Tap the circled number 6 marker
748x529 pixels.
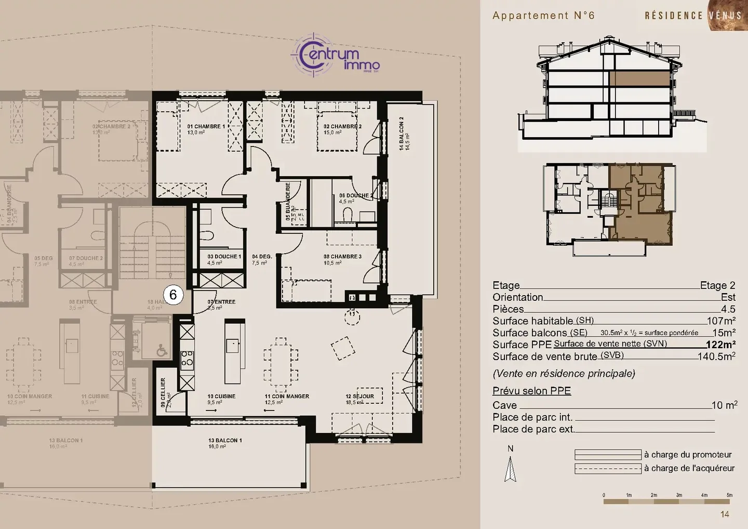(x=173, y=295)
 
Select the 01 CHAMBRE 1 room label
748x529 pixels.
(x=206, y=127)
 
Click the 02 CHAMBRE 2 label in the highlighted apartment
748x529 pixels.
(x=342, y=127)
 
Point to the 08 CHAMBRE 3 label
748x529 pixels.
(x=342, y=257)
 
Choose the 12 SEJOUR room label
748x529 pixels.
(x=359, y=396)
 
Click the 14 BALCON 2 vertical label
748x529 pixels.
(x=401, y=134)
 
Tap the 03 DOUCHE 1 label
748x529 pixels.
(x=224, y=257)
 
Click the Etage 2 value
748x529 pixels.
(x=717, y=285)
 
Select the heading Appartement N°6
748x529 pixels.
(x=543, y=16)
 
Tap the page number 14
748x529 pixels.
(x=725, y=514)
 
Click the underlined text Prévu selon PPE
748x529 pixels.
(x=531, y=391)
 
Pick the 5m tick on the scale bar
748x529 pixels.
(x=729, y=495)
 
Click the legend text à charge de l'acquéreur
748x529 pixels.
(x=689, y=468)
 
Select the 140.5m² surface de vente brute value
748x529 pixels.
(x=716, y=356)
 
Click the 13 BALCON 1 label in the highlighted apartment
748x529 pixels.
(x=225, y=441)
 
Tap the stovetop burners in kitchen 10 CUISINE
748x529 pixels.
(x=186, y=358)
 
